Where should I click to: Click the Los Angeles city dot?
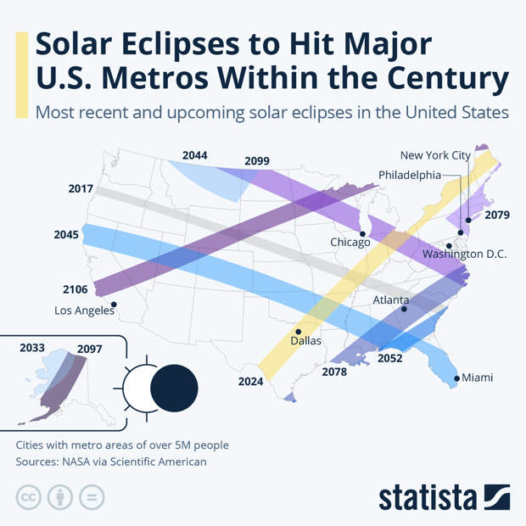[x=114, y=305]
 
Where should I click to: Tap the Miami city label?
[x=477, y=378]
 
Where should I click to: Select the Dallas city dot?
[x=298, y=332]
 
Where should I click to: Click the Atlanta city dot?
[x=404, y=310]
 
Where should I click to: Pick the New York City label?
[x=434, y=155]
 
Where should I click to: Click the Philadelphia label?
[x=410, y=175]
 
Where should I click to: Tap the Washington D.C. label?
[x=464, y=254]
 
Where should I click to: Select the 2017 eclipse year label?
[x=81, y=188]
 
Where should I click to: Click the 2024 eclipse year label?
[x=250, y=382]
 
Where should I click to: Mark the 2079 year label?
[x=497, y=215]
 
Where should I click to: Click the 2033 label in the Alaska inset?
[x=32, y=348]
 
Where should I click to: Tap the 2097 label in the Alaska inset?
[x=89, y=349]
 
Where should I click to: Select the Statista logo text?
[x=428, y=497]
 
